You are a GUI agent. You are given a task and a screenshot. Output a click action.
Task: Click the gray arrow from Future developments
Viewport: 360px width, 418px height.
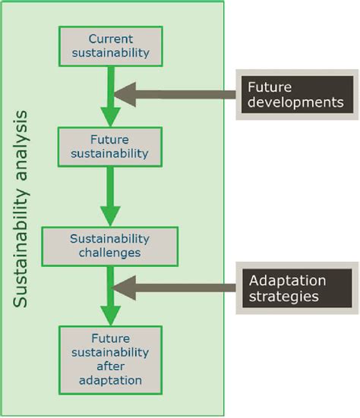click(x=175, y=95)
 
